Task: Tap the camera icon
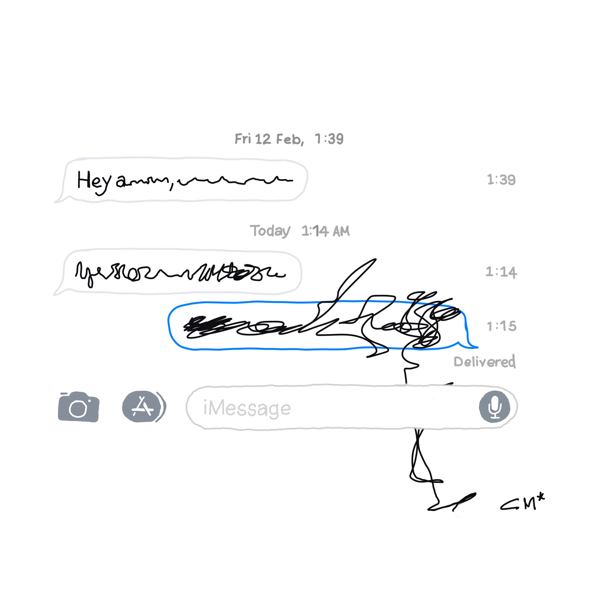click(78, 407)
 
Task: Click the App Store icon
click(142, 407)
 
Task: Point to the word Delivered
click(484, 361)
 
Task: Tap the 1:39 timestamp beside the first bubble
click(501, 180)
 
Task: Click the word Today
click(270, 231)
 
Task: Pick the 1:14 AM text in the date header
click(325, 231)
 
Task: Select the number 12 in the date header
click(263, 139)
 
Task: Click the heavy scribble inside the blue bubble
click(207, 325)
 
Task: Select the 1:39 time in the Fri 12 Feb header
click(329, 139)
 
